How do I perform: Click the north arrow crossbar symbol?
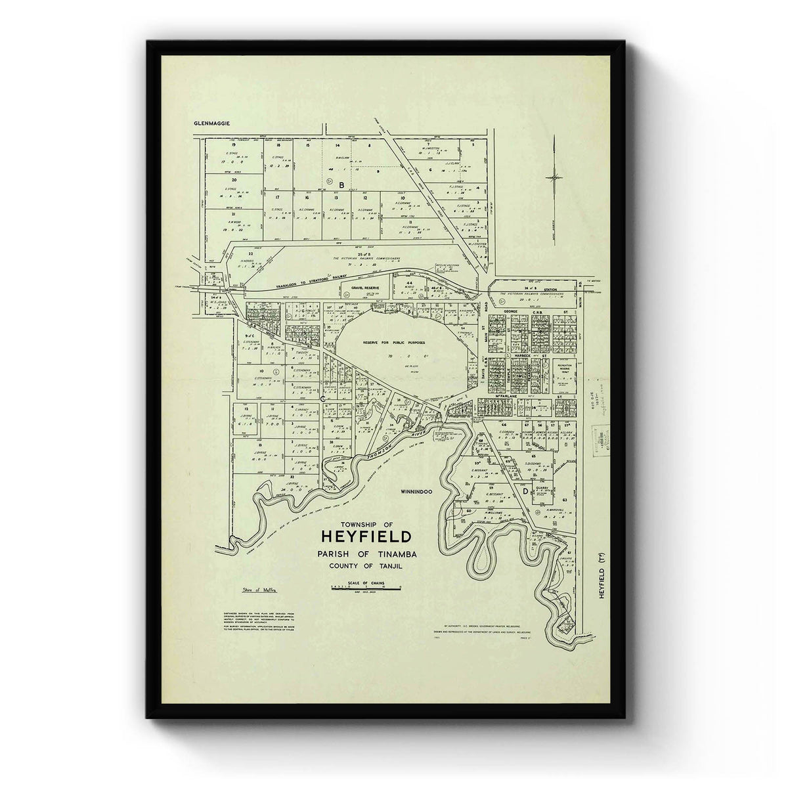pyautogui.click(x=556, y=177)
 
